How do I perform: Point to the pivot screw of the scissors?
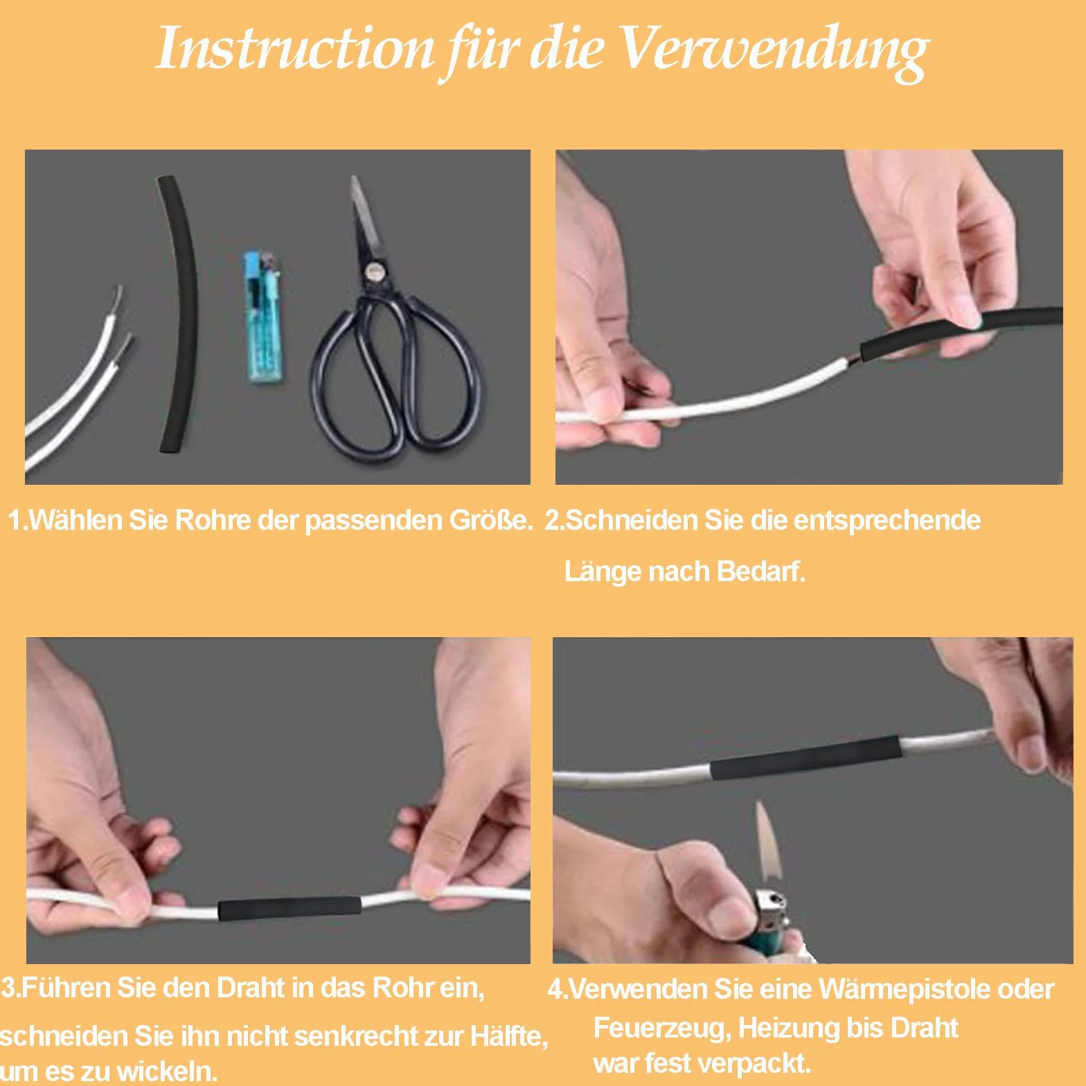coord(377,271)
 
